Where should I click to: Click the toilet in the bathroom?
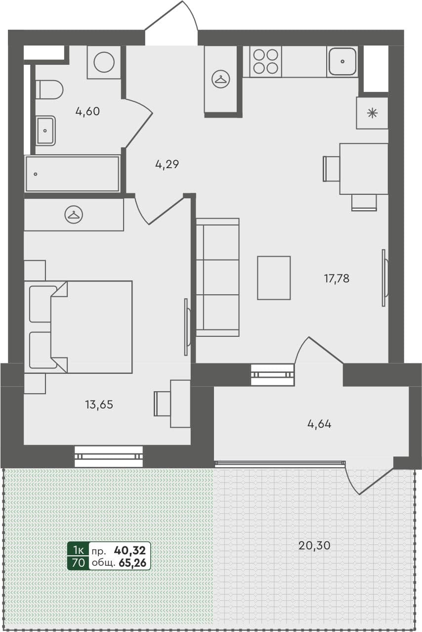[x=50, y=90]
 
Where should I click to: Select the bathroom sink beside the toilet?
[x=45, y=131]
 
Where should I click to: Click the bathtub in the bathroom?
[x=73, y=174]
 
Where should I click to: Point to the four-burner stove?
[x=265, y=61]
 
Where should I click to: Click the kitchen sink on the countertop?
[x=342, y=61]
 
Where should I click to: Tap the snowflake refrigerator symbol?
[x=372, y=113]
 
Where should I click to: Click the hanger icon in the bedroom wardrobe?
[x=74, y=214]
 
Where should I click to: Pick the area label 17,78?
[x=337, y=278]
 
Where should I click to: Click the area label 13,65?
[x=99, y=405]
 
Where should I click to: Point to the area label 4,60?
[x=87, y=111]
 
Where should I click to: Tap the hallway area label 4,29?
[x=167, y=165]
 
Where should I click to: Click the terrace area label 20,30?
[x=314, y=545]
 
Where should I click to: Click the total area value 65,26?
[x=132, y=562]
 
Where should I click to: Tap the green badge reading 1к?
[x=78, y=549]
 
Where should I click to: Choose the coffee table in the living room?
[x=274, y=277]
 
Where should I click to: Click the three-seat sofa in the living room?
[x=217, y=277]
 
